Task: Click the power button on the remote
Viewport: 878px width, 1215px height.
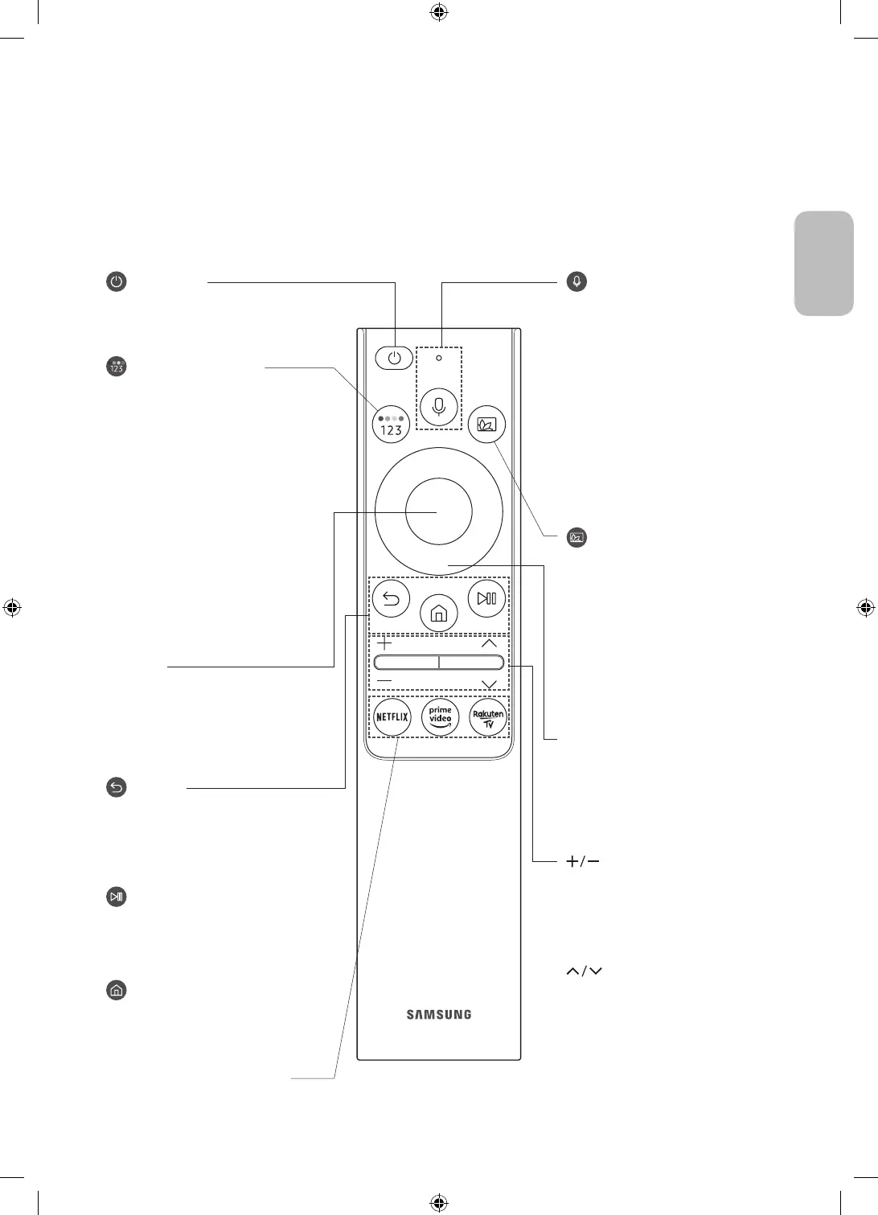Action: (x=393, y=359)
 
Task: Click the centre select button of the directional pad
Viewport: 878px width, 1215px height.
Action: (x=439, y=511)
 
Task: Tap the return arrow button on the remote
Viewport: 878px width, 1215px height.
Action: (x=392, y=599)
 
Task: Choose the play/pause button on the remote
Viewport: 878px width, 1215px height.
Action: (x=486, y=599)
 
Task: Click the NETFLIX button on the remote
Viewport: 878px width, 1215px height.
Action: (x=392, y=716)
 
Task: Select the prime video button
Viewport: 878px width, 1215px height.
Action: (x=440, y=716)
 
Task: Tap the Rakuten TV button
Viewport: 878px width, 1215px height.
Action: (x=487, y=716)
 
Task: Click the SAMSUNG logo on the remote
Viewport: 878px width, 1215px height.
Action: (x=439, y=1015)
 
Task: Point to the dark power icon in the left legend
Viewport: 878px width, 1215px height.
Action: (x=117, y=282)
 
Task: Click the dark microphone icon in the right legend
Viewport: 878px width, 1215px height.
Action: (x=576, y=282)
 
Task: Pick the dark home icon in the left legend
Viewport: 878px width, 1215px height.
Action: (x=117, y=991)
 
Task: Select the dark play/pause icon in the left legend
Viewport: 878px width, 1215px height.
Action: (x=117, y=897)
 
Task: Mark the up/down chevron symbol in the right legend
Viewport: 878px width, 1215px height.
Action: (x=585, y=971)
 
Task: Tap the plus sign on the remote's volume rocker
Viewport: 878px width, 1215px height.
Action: (x=384, y=644)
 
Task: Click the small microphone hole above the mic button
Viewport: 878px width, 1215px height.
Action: (x=439, y=358)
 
